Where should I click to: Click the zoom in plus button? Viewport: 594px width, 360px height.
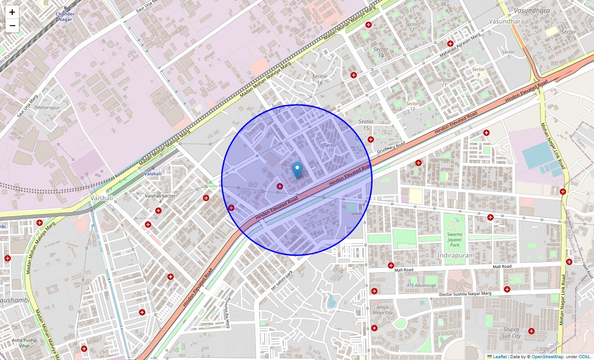click(x=12, y=12)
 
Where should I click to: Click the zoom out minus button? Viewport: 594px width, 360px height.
click(x=12, y=26)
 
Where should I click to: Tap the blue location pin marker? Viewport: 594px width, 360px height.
click(x=297, y=171)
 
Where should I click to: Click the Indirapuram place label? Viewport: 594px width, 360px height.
click(x=455, y=256)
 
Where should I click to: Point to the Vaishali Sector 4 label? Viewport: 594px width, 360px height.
click(x=160, y=198)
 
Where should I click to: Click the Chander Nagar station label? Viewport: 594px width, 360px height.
click(x=65, y=16)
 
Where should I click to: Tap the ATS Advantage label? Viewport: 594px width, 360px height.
click(x=421, y=285)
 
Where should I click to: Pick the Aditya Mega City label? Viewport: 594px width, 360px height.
click(x=383, y=310)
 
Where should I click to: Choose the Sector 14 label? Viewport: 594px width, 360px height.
click(x=381, y=52)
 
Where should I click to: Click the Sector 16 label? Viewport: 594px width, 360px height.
click(x=319, y=80)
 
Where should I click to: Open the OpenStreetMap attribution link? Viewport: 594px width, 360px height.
click(x=547, y=357)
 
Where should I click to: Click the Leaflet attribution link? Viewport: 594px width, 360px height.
click(x=499, y=357)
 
